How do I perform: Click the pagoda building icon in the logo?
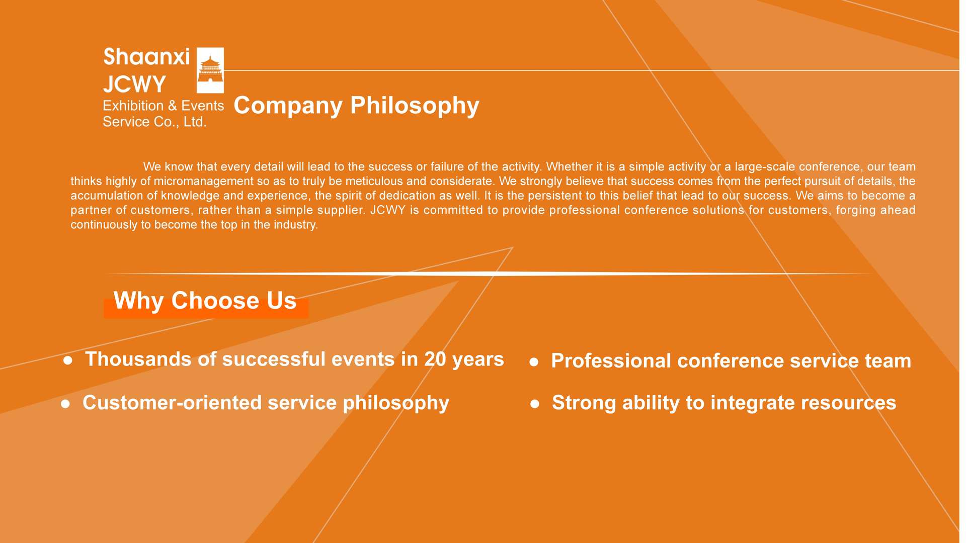210,70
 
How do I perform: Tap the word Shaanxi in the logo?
146,57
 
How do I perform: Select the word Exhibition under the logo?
133,106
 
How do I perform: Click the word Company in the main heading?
288,106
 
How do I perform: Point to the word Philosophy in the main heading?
415,106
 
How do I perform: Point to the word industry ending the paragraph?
296,225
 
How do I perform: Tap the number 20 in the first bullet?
435,359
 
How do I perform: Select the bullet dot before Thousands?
68,360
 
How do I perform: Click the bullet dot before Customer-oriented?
65,404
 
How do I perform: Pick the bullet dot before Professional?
534,362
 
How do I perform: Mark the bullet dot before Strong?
535,404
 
